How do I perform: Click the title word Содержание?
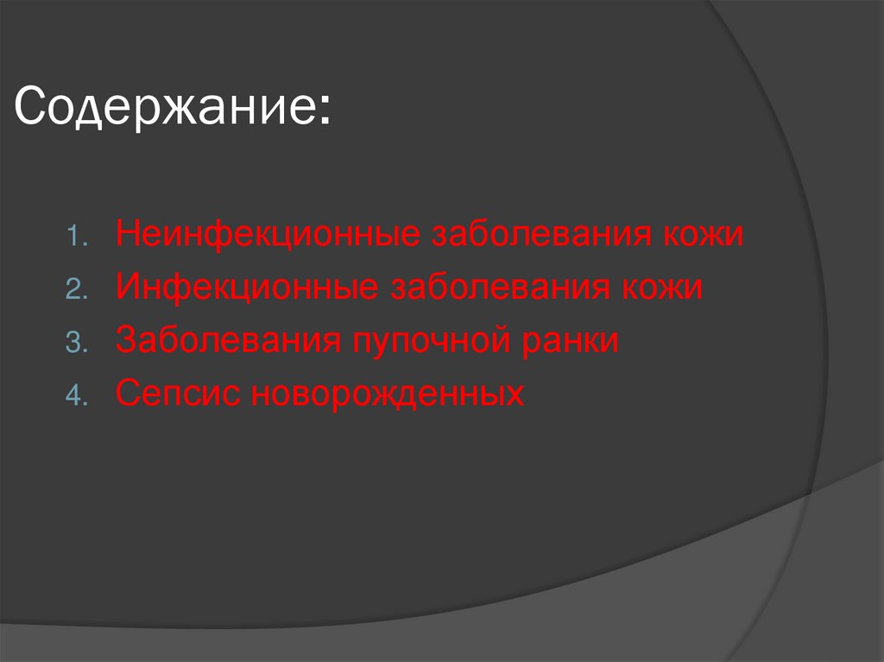point(165,109)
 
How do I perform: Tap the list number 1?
point(75,236)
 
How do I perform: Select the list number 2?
point(74,290)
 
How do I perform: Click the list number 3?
point(74,343)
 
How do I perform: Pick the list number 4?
point(74,396)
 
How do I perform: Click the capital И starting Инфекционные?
point(126,288)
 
